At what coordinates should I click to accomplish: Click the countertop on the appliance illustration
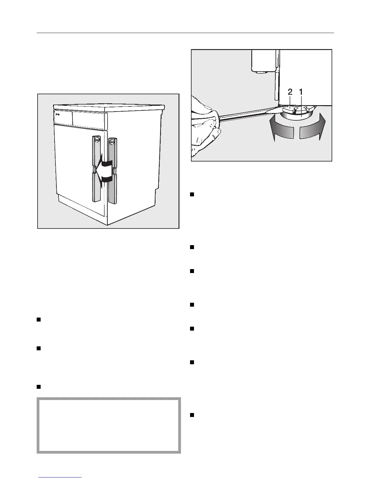coord(109,107)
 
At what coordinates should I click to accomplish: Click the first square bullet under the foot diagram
coord(192,195)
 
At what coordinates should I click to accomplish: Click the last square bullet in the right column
coord(192,415)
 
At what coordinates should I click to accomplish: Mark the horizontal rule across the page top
coord(185,33)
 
